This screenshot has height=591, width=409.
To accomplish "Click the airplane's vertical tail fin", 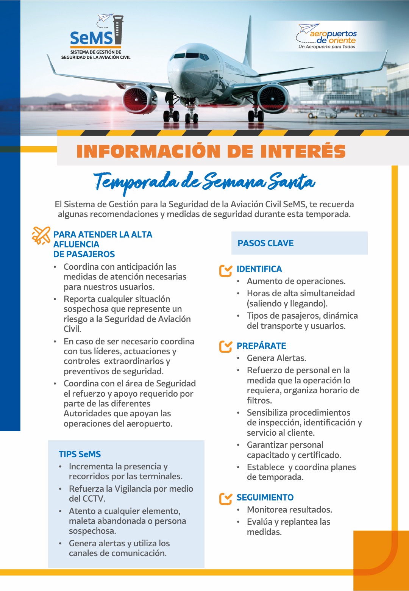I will tap(248, 42).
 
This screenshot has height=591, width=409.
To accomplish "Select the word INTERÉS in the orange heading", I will tap(303, 151).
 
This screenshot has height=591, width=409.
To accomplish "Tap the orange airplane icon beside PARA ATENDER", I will tap(41, 235).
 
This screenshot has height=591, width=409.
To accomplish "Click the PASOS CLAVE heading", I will tap(265, 243).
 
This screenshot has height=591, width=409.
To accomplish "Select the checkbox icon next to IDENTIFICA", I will tap(225, 270).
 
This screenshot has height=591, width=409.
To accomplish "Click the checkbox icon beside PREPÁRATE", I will tap(225, 346).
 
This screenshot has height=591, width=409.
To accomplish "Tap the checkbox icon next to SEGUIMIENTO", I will tap(225, 498).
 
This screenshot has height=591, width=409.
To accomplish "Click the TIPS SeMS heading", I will tap(80, 454).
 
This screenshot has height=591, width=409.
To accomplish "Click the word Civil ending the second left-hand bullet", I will tap(72, 329).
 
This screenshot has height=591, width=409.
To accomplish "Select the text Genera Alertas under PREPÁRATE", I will tap(276, 358).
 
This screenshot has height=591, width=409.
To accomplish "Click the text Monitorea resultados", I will tap(289, 510).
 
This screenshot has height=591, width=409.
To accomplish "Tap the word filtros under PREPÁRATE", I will tap(259, 400).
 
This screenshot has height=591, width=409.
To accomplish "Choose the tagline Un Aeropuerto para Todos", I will tap(326, 47).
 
